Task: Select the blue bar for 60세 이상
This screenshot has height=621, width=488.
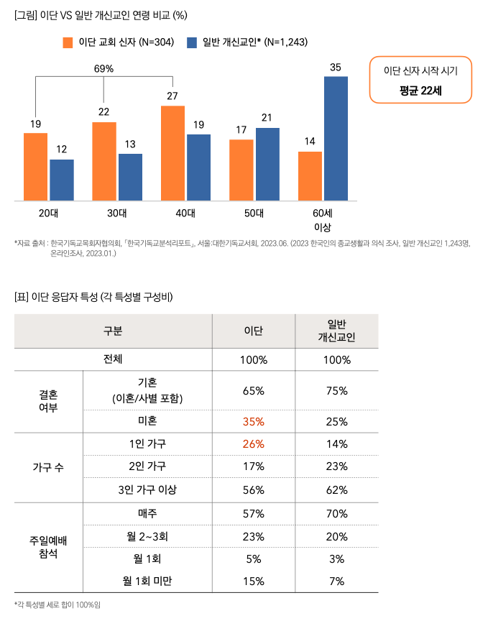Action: click(x=336, y=138)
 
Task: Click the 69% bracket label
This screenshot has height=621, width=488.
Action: click(x=104, y=69)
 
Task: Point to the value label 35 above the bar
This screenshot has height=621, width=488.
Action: click(x=336, y=67)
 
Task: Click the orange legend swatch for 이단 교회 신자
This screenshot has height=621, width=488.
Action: click(x=68, y=42)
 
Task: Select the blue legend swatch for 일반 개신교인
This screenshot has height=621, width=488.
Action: click(x=192, y=42)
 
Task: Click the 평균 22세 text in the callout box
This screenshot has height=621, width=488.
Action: click(x=421, y=91)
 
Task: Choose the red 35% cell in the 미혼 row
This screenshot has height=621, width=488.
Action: click(x=253, y=421)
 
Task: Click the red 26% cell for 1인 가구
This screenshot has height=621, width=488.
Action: click(x=253, y=444)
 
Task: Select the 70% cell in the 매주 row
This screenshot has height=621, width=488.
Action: click(x=336, y=514)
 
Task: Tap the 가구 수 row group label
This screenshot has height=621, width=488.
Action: click(x=48, y=467)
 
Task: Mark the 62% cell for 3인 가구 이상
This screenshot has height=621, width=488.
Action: click(x=336, y=490)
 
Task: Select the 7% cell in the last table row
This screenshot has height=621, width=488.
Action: click(x=336, y=581)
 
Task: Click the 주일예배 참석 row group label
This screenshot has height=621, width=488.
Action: click(x=48, y=548)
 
